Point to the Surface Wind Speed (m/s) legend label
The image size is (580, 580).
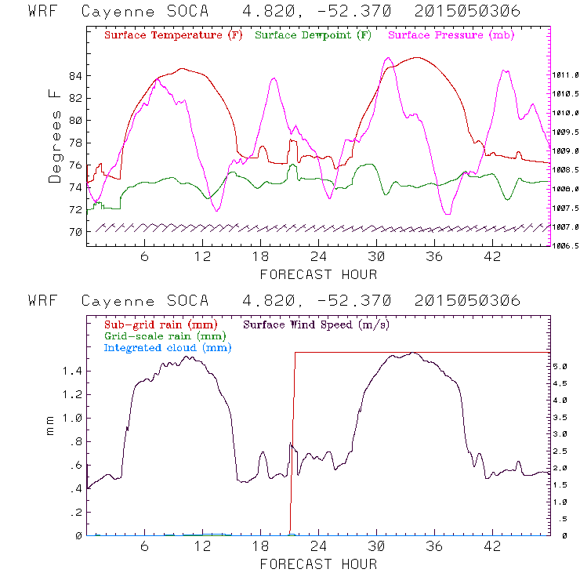(317, 324)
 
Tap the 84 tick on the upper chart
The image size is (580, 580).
(75, 76)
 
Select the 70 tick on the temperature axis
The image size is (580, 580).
(75, 232)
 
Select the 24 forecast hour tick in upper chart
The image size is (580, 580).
(318, 257)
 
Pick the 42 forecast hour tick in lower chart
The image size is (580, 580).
(492, 547)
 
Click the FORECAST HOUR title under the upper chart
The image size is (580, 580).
(318, 274)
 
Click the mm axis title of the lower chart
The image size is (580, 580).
(52, 430)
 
